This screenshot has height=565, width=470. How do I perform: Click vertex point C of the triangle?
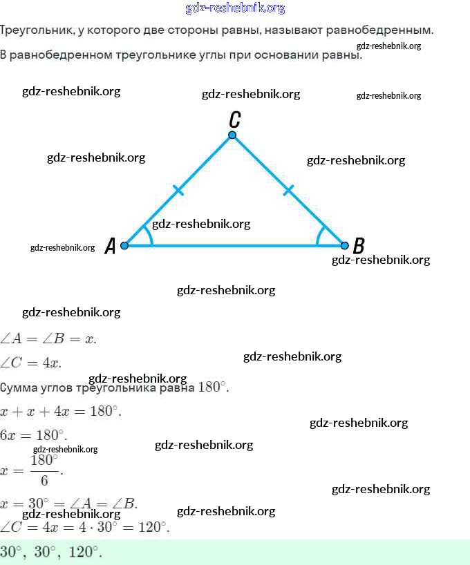point(232,135)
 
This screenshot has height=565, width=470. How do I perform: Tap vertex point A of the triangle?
point(124,245)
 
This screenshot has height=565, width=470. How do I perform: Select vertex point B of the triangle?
point(345,245)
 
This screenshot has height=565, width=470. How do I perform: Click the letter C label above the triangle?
point(235,119)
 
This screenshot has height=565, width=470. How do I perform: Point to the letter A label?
point(110,247)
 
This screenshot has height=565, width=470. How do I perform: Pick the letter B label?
point(358,245)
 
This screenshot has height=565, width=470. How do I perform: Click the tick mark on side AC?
point(178,190)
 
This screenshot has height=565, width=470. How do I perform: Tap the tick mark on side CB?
point(288,190)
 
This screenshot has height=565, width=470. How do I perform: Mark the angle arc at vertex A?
point(148,235)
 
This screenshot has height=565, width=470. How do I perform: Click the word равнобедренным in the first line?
point(387,30)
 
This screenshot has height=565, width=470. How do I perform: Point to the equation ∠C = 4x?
point(31,363)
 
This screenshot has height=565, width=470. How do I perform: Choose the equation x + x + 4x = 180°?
point(62,411)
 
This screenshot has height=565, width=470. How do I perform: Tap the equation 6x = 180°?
point(34,436)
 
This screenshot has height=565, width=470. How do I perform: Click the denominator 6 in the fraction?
point(44,481)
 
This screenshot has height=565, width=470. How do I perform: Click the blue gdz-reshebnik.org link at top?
point(235,8)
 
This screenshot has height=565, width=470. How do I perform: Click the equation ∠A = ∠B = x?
point(48,338)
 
